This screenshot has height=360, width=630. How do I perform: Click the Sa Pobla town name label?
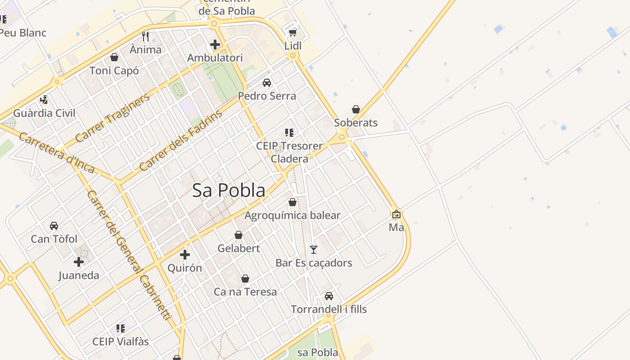[229, 190]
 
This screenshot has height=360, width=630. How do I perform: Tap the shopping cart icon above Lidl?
[292, 32]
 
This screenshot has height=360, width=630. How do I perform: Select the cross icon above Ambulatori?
[215, 45]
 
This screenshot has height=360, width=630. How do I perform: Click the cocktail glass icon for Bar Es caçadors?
[314, 249]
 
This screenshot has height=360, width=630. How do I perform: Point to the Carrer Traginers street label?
[112, 118]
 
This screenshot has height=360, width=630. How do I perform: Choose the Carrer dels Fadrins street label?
[181, 140]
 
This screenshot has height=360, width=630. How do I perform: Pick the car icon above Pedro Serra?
[267, 83]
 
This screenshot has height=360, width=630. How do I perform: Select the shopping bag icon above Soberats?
[356, 109]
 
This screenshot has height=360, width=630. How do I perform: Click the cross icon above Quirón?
[184, 255]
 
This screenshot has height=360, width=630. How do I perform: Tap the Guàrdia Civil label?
[44, 113]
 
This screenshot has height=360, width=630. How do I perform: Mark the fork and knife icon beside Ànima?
[145, 36]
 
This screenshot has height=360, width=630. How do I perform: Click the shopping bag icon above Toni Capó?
[114, 57]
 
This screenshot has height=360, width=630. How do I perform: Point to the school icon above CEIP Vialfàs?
[120, 328]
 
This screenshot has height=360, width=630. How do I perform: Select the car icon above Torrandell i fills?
[329, 296]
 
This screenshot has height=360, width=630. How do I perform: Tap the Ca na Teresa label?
[245, 292]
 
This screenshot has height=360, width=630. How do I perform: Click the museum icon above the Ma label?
[396, 214]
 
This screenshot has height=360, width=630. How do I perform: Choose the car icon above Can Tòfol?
[54, 226]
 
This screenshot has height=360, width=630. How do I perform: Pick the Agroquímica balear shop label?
[292, 215]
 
